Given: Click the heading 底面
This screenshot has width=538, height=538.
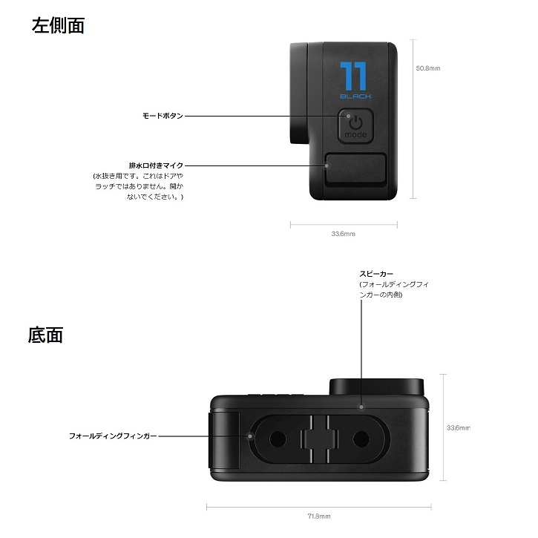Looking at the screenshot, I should coord(45,335).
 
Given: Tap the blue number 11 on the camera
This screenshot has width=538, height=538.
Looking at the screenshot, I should coord(355,77).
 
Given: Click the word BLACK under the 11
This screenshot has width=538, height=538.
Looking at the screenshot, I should coord(355,96).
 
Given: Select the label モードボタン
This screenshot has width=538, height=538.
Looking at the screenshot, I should coord(163,116).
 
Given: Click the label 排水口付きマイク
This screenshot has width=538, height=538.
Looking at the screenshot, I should coord(156,165).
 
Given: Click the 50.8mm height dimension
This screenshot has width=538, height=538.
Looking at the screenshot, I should coord(428,68).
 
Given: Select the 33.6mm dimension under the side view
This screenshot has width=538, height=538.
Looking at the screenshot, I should coord(343,234).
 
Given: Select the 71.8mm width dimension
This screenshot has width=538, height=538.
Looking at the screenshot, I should coord(319,516).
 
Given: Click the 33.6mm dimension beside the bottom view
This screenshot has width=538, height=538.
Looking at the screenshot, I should coord(459,427).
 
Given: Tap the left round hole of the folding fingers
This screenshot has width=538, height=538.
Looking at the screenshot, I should coord(278,436).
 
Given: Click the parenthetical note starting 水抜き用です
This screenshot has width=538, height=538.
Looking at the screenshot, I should coord(137,187).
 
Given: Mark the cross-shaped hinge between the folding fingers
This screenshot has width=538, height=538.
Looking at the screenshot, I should coord(320,436).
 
